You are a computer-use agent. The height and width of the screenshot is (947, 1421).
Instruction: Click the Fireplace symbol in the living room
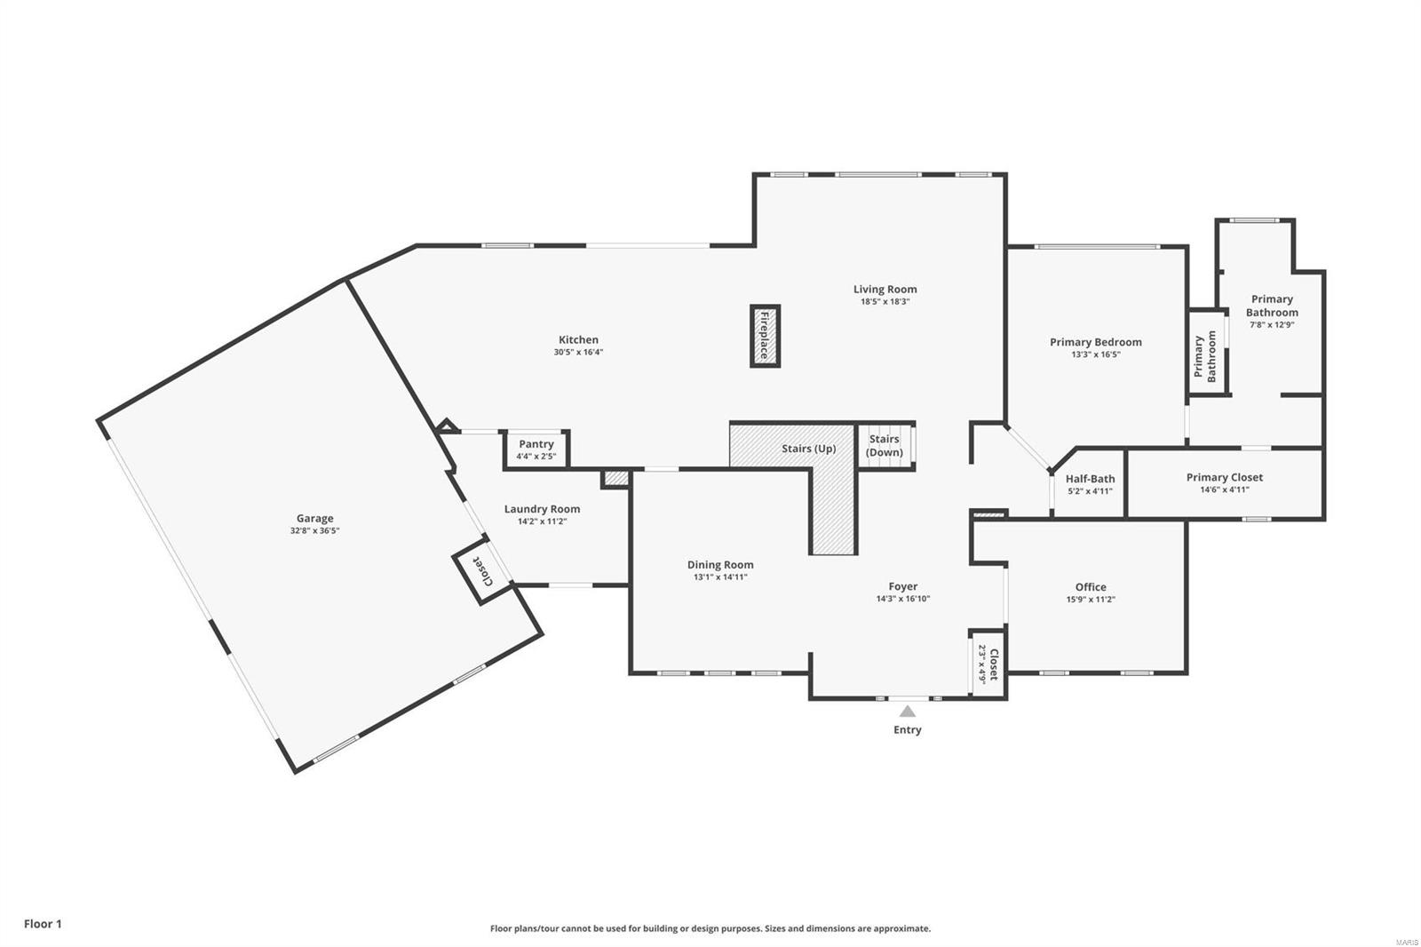click(x=765, y=336)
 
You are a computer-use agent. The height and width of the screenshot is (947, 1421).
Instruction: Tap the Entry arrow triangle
click(x=907, y=711)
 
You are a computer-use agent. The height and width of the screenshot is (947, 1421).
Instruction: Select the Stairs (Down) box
click(x=885, y=445)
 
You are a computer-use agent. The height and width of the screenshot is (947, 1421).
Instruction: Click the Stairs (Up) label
click(x=808, y=449)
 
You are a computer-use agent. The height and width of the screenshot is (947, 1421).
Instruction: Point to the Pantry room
click(x=536, y=449)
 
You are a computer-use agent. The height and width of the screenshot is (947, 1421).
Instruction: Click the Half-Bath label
click(x=1090, y=479)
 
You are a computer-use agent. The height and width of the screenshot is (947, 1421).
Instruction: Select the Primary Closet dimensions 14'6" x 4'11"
click(x=1225, y=489)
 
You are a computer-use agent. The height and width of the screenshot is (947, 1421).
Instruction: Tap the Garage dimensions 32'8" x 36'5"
click(x=314, y=530)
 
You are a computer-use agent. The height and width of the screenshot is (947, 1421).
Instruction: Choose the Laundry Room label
click(x=542, y=509)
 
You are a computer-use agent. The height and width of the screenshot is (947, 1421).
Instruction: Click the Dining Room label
click(x=720, y=565)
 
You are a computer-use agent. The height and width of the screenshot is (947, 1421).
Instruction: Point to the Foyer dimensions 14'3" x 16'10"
click(x=902, y=599)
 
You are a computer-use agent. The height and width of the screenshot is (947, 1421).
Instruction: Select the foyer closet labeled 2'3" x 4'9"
click(x=987, y=663)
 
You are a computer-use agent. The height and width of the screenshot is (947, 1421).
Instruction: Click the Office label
click(x=1091, y=586)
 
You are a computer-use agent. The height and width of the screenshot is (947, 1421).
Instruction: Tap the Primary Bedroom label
click(x=1095, y=342)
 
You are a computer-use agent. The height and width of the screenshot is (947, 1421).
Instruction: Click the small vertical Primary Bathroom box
click(x=1207, y=352)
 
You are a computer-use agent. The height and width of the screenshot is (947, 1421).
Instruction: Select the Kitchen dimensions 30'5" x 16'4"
click(x=578, y=352)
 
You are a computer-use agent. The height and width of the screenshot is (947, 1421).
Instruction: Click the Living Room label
click(x=885, y=289)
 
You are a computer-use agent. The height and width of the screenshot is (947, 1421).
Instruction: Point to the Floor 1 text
click(x=43, y=924)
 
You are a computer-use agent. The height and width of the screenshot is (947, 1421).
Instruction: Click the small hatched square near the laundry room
click(x=615, y=479)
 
